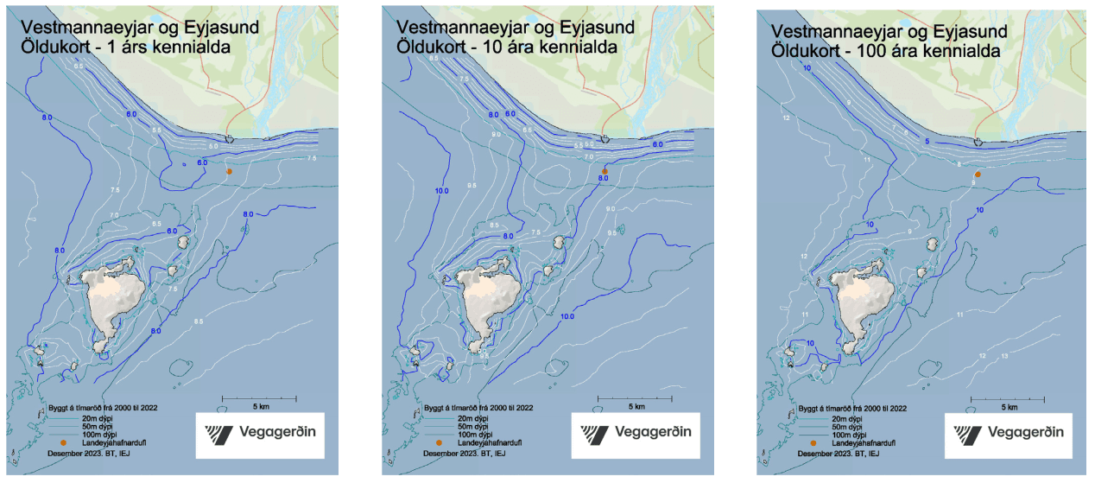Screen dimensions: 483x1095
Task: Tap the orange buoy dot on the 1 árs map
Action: tap(229, 172)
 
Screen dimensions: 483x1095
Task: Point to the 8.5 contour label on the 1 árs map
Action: tap(199, 321)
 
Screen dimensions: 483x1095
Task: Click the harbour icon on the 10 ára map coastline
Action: tap(605, 138)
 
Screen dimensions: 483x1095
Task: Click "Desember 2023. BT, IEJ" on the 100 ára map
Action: tap(839, 453)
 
